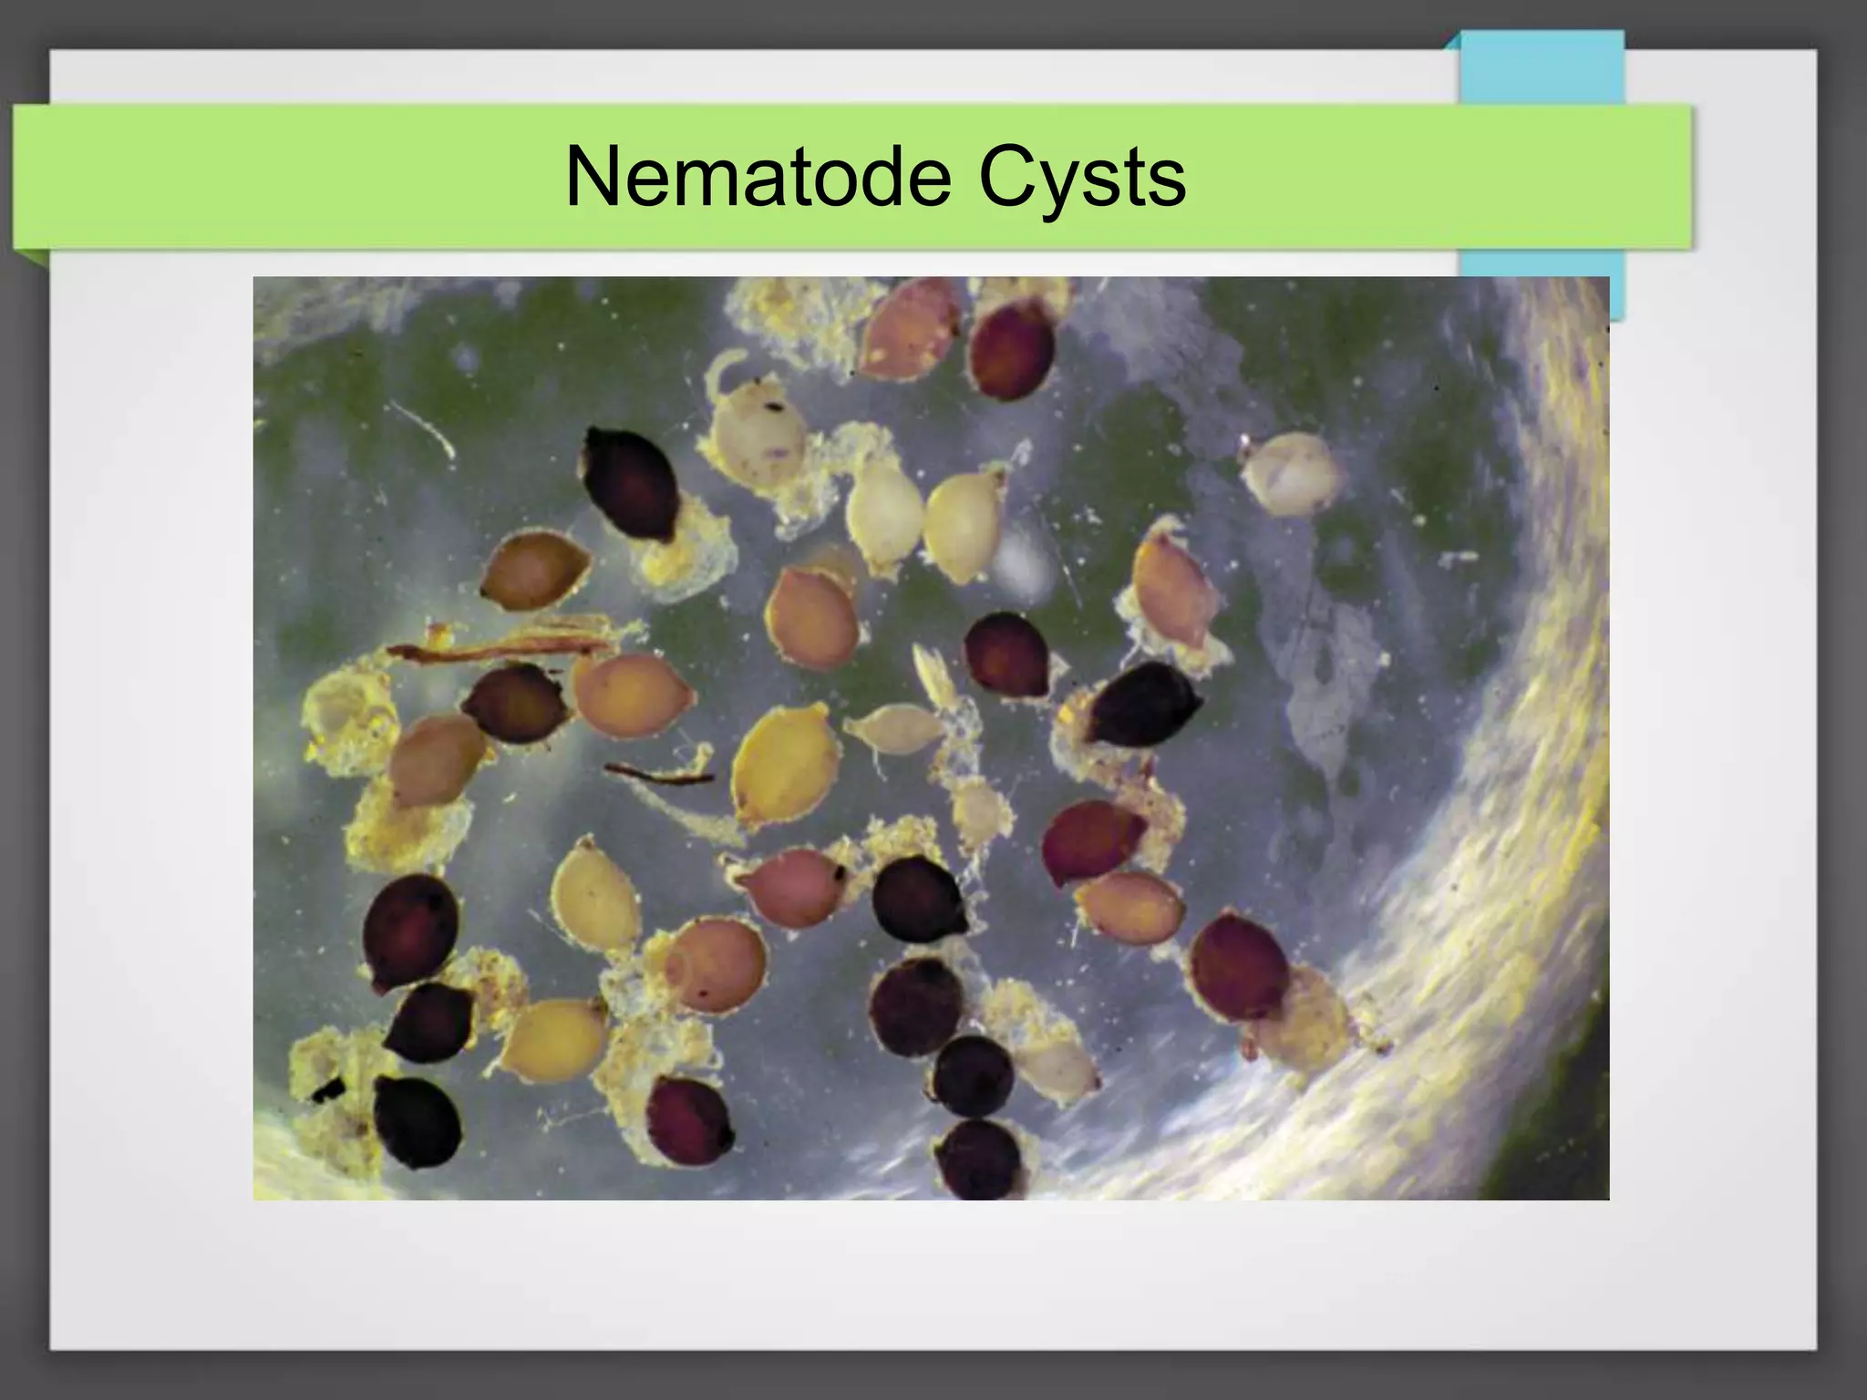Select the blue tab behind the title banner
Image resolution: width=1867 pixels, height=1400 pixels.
(1541, 68)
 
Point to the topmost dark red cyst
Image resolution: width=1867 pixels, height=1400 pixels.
(1012, 351)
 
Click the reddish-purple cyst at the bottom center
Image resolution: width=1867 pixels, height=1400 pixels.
(689, 1121)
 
